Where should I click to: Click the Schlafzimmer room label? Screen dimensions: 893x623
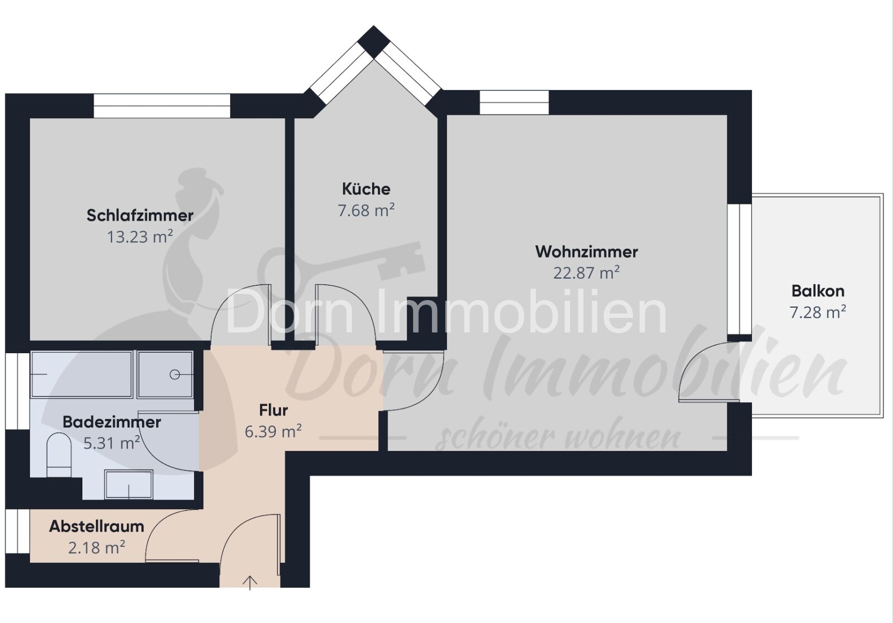pos(140,216)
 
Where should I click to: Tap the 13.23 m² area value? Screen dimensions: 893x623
pos(140,237)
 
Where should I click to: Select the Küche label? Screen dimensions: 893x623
pos(366,189)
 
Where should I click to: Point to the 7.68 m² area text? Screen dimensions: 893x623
pos(366,210)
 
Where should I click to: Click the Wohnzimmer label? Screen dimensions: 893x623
pos(587,251)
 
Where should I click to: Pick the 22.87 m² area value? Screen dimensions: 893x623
pos(587,273)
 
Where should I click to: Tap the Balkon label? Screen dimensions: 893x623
pos(818,291)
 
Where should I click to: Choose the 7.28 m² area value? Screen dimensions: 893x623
pos(818,312)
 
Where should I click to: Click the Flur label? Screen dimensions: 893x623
pos(273,410)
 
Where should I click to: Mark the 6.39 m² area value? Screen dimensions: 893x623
pos(273,431)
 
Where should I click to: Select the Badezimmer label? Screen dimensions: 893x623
pos(112,422)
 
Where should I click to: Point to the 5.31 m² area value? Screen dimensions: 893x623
pos(112,443)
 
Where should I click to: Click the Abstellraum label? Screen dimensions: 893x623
pos(97,526)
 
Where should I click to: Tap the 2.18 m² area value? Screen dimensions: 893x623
pos(97,548)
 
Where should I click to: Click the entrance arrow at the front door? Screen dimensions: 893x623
pos(249,582)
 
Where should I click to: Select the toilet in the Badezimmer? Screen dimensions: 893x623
pos(59,455)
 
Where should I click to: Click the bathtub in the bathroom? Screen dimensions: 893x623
pos(81,374)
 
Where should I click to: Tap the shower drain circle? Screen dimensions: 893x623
pos(175,374)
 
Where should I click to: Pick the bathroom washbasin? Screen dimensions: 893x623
pos(128,484)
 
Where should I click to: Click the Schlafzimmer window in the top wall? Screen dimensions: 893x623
pos(162,106)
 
